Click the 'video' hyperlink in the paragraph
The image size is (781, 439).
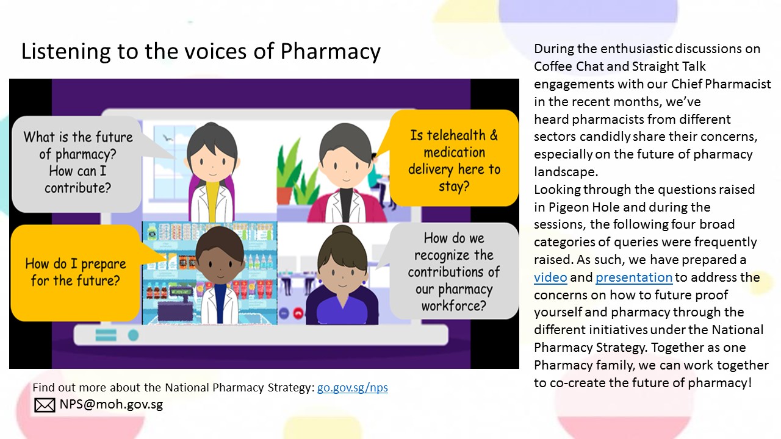click(550, 277)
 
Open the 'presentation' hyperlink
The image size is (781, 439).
click(634, 277)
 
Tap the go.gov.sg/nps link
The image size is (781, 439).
click(353, 387)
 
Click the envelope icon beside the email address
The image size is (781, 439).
click(45, 405)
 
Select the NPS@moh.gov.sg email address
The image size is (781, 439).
click(111, 404)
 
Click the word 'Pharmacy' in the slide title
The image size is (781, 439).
click(330, 52)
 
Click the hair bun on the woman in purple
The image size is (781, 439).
click(342, 232)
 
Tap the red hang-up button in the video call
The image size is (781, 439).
click(298, 313)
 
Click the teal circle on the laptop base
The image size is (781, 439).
click(133, 335)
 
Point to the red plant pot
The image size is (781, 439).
click(284, 195)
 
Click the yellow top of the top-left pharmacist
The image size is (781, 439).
click(212, 199)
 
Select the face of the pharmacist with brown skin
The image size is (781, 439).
click(220, 266)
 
